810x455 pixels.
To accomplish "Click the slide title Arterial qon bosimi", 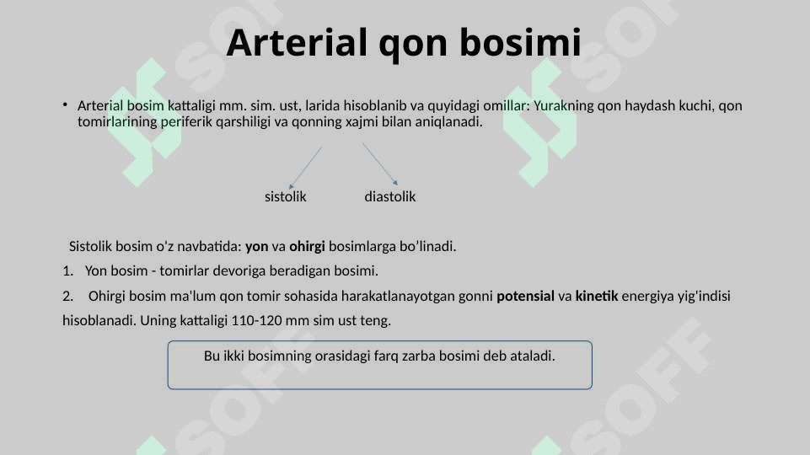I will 404,43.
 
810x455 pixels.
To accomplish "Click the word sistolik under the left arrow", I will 286,197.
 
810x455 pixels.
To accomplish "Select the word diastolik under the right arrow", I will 389,197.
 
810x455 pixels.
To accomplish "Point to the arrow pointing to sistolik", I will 305,167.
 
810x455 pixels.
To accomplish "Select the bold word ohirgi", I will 307,247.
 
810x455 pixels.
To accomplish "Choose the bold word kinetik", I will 596,297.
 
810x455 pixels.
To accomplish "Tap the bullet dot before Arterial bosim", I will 65,105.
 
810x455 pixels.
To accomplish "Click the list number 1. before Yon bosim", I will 67,271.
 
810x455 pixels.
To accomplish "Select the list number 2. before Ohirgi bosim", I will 67,297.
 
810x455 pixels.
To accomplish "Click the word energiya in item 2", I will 649,297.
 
